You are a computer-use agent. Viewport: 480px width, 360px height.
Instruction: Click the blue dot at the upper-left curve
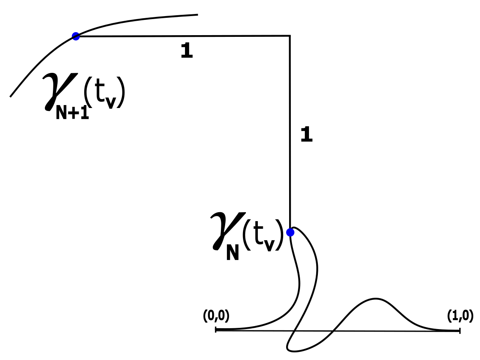coord(76,36)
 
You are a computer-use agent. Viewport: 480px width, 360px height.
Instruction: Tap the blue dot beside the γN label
coord(290,233)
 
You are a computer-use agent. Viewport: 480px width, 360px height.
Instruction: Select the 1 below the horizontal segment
coord(187,51)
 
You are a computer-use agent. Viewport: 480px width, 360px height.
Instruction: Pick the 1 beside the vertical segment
coord(306,135)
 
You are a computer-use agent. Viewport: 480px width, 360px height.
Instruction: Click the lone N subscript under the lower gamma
coord(232,253)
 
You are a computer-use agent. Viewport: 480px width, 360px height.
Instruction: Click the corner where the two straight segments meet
coord(290,36)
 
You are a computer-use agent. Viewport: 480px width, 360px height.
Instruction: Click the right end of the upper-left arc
coord(197,15)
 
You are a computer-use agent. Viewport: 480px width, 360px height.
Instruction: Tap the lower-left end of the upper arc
coord(11,96)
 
